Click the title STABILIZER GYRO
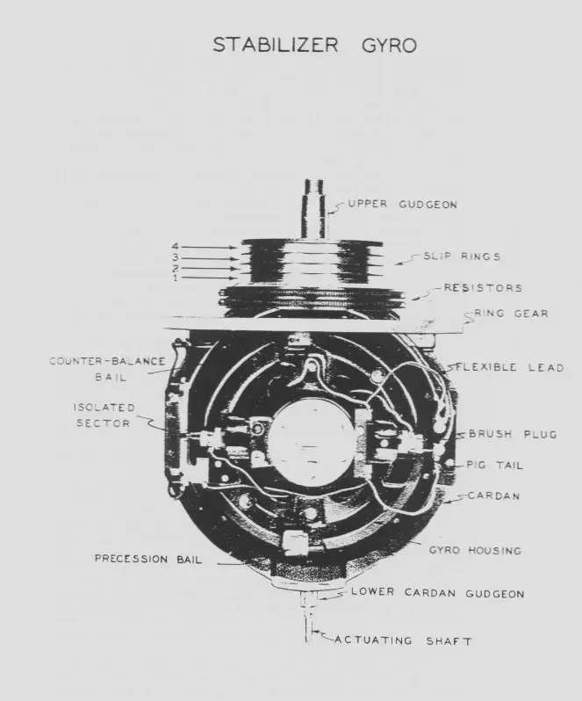[x=314, y=45]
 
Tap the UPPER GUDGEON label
[x=402, y=205]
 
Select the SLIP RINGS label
[x=462, y=257]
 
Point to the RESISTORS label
[x=483, y=287]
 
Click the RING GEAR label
[x=511, y=314]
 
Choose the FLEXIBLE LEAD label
[x=510, y=367]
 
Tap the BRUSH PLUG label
[x=514, y=434]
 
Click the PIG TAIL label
[x=494, y=465]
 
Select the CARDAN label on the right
[x=494, y=495]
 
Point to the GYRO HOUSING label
[x=475, y=550]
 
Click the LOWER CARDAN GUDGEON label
[x=438, y=593]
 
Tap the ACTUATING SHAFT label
[x=403, y=640]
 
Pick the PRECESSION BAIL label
[x=148, y=559]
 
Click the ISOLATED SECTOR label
[x=104, y=416]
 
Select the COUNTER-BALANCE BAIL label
[x=107, y=369]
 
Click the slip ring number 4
[x=175, y=246]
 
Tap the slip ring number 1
[x=175, y=278]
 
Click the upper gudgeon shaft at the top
[x=315, y=209]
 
